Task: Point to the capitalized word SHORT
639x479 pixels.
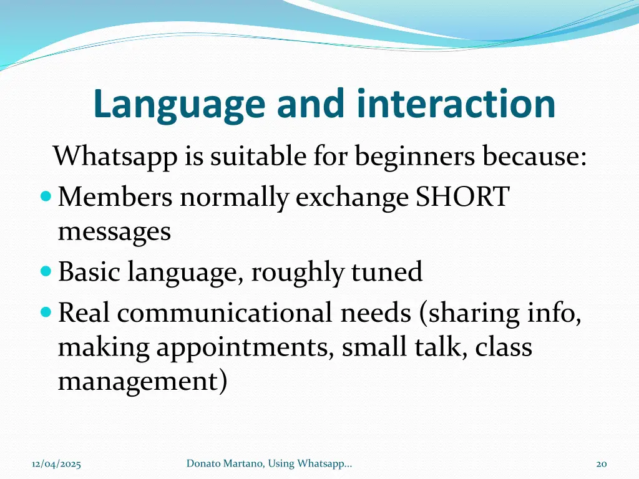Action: point(463,198)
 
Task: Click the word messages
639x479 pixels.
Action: point(114,232)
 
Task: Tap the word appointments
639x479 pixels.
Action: point(245,347)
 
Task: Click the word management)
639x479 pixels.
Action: point(142,381)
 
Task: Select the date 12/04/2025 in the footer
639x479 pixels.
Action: point(56,463)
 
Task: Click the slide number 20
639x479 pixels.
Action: point(602,463)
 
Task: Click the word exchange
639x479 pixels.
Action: point(352,198)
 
